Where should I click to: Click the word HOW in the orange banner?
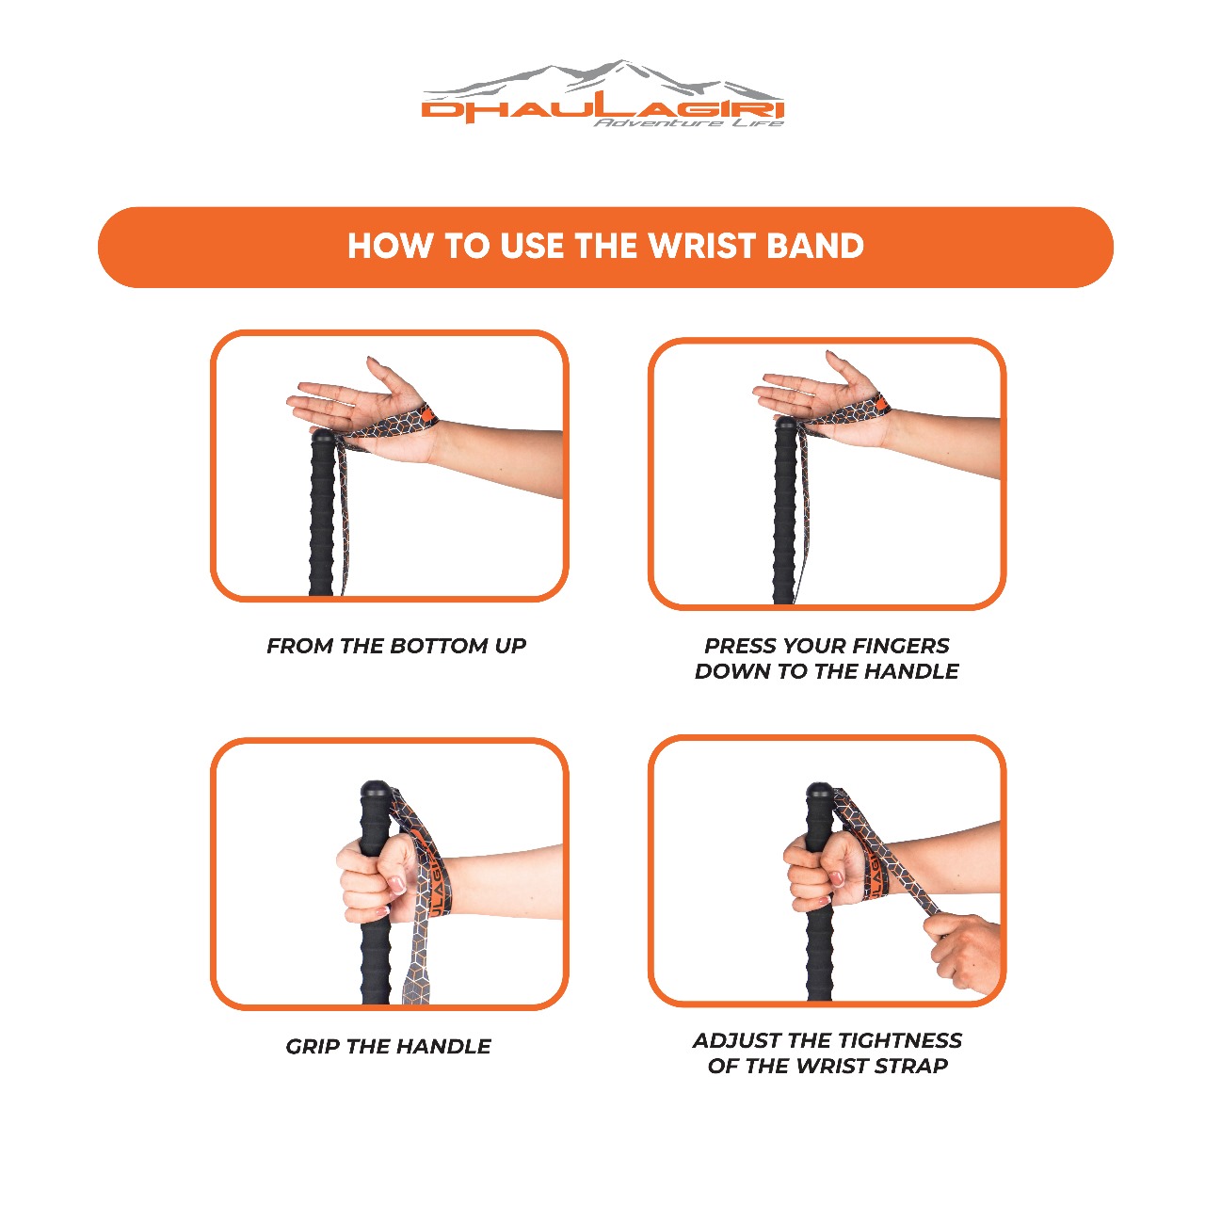tap(390, 246)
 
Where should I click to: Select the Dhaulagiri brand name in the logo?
tap(602, 109)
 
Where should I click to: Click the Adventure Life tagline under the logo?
tap(688, 122)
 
